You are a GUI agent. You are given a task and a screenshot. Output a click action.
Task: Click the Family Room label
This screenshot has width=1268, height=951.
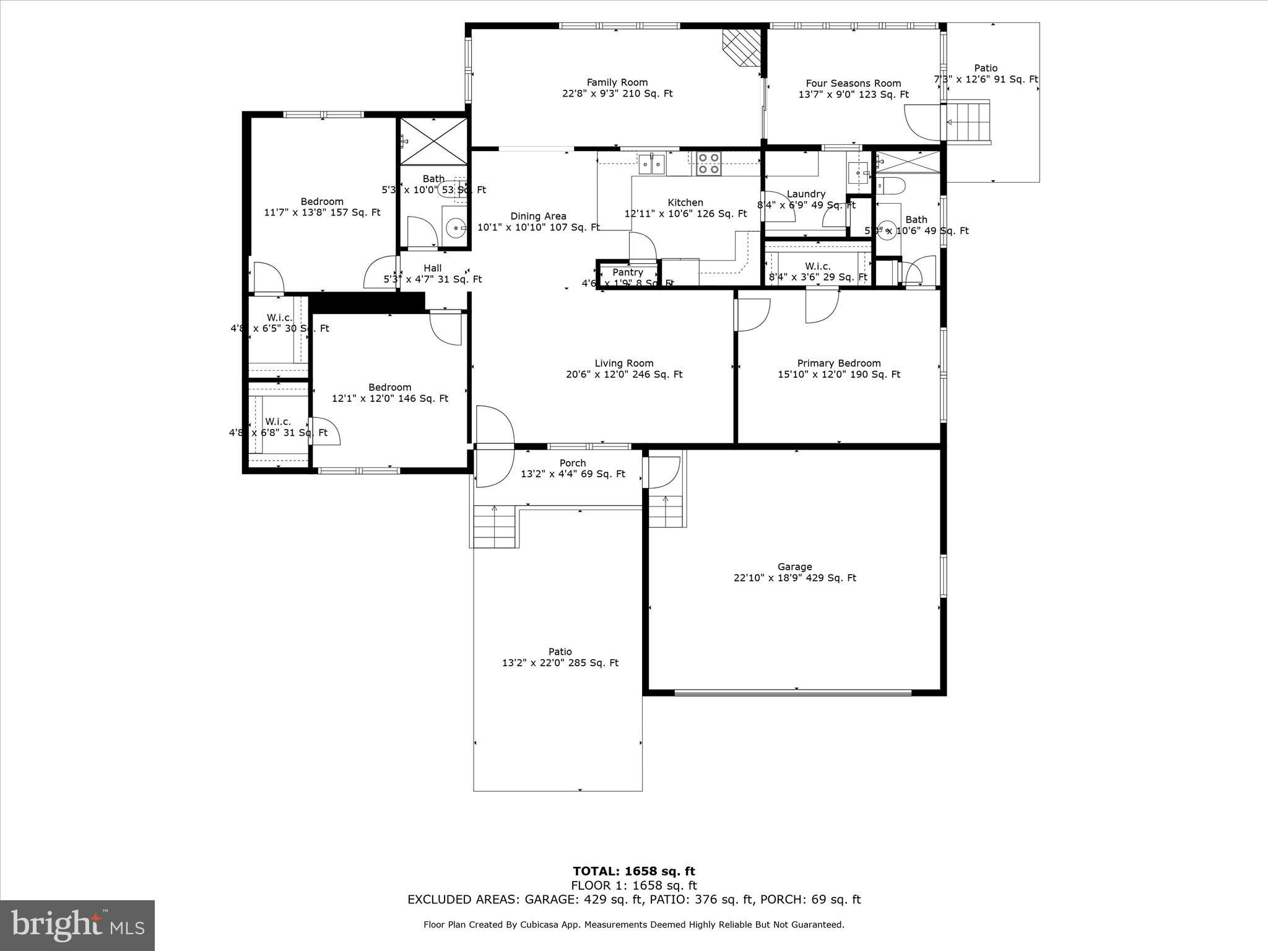tap(617, 82)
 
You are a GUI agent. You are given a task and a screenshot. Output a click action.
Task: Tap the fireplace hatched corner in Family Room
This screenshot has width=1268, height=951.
tap(742, 46)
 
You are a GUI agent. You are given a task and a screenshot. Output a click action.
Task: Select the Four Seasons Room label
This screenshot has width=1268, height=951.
tap(853, 84)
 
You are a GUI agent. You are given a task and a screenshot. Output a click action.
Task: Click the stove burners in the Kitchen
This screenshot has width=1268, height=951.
tap(709, 163)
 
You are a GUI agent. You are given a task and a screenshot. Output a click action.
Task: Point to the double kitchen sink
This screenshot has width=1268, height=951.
tap(651, 164)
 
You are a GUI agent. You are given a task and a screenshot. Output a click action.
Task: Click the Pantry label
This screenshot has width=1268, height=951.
tap(628, 272)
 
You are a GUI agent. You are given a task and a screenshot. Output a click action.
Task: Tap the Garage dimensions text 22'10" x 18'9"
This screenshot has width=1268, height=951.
tap(794, 578)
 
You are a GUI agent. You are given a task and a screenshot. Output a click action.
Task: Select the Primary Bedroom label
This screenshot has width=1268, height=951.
tap(838, 363)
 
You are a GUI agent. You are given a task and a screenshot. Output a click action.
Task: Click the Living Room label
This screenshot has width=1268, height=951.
tap(623, 363)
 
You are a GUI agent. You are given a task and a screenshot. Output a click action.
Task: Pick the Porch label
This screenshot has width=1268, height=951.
tap(572, 463)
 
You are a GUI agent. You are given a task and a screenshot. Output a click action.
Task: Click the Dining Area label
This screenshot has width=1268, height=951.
tap(538, 216)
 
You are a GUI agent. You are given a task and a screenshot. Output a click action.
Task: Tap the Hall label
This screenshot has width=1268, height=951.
tap(432, 268)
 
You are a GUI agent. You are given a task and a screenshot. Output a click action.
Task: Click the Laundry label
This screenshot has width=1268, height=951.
tap(806, 194)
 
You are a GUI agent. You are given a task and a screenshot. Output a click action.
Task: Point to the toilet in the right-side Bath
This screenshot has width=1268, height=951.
tap(890, 185)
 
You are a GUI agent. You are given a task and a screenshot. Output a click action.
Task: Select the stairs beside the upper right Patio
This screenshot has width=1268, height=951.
tap(968, 122)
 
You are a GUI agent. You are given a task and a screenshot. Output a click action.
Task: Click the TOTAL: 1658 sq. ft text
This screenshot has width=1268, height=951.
tap(633, 872)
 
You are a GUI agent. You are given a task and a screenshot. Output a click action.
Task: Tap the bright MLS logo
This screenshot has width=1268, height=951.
tap(77, 926)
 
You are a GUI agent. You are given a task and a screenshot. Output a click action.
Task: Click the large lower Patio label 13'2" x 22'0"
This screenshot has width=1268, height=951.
tap(560, 657)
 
